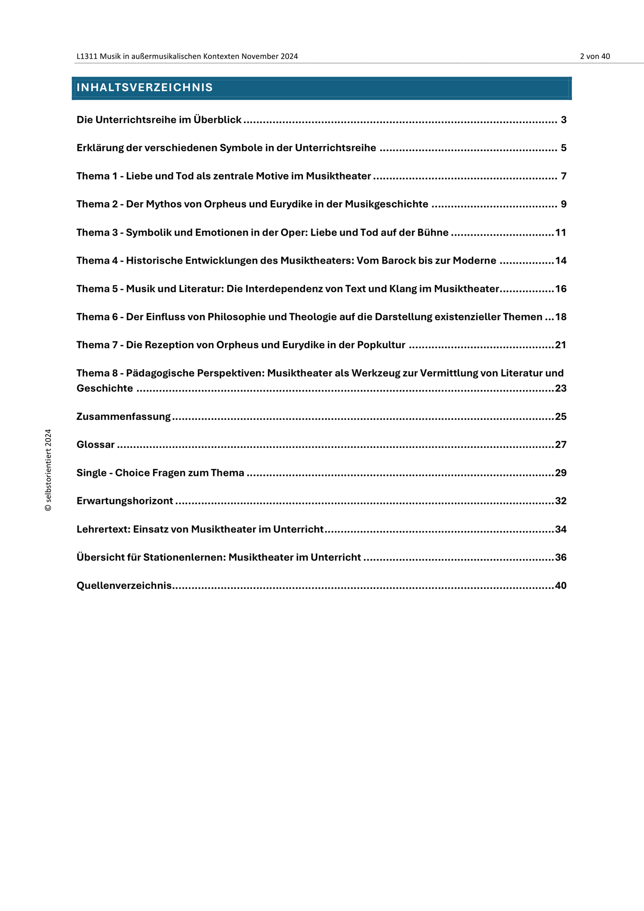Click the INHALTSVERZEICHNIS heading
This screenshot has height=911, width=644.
pyautogui.click(x=145, y=88)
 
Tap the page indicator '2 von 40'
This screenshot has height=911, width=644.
pyautogui.click(x=595, y=56)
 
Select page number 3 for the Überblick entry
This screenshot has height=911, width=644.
pyautogui.click(x=563, y=120)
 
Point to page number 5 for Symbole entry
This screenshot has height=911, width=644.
pyautogui.click(x=563, y=148)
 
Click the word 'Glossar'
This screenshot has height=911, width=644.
pyautogui.click(x=96, y=444)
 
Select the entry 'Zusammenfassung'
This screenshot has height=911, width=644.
pyautogui.click(x=124, y=416)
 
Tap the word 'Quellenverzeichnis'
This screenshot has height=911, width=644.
pyautogui.click(x=124, y=585)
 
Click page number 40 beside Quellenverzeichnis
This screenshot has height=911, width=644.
pyautogui.click(x=560, y=585)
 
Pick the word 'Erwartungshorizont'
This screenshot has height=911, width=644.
pyautogui.click(x=125, y=501)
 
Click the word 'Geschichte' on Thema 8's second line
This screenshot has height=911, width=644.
pyautogui.click(x=105, y=388)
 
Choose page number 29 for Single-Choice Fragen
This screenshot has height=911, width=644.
pyautogui.click(x=560, y=472)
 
